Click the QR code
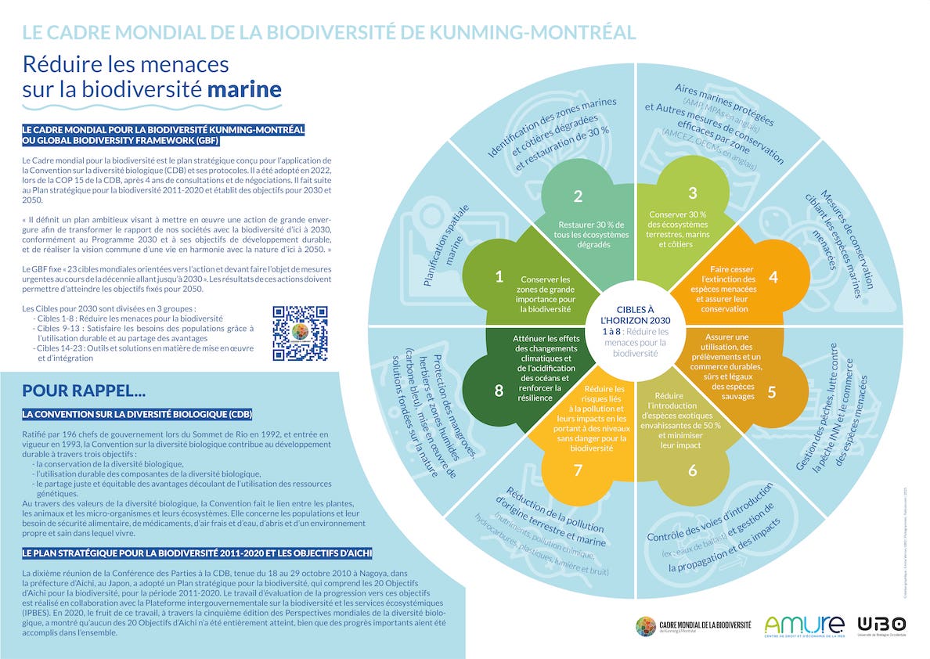point(300,333)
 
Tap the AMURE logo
point(804,625)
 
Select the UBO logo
point(881,625)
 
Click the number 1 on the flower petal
point(499,276)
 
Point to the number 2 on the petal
point(578,196)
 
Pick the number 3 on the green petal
point(692,193)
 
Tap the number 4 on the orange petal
point(773,277)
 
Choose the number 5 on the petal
point(771,392)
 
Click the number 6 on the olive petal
point(692,470)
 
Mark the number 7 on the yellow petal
point(579,470)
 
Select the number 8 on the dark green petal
point(499,390)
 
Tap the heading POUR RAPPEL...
point(84,390)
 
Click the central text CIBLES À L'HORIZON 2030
point(635,315)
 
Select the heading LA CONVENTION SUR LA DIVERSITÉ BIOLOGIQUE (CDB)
point(138,413)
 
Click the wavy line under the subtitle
point(152,106)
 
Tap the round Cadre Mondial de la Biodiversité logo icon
point(646,626)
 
